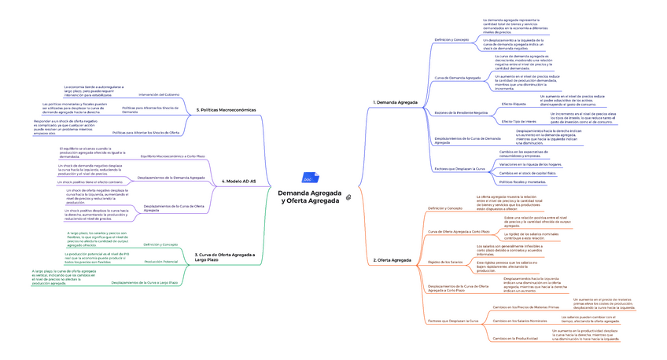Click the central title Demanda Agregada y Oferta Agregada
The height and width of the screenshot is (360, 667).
pos(308,197)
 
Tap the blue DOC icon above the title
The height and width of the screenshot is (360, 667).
pos(308,179)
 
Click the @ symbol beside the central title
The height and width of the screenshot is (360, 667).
pos(348,197)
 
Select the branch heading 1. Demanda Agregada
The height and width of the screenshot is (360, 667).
pos(395,103)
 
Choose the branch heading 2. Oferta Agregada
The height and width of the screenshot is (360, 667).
pos(393,259)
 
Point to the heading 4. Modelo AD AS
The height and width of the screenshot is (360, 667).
pos(241,182)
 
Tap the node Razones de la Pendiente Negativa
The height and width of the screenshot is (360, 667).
pos(461,112)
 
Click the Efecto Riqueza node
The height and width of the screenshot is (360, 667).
pos(513,104)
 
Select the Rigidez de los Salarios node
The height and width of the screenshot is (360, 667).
pos(444,262)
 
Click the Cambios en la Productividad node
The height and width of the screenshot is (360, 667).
pos(517,339)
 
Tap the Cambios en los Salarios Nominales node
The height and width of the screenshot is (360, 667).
pos(519,321)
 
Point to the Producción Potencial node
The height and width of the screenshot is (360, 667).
pos(160,261)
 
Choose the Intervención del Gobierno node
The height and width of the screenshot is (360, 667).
pos(160,94)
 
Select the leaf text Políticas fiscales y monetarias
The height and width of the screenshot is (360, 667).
pos(523,182)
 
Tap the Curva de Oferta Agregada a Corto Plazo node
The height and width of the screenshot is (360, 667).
pos(458,232)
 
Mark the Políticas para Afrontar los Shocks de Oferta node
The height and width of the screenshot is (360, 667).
pos(146,133)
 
